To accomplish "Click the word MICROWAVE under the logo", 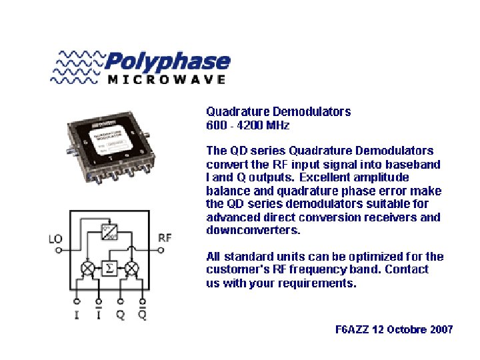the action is (166, 79).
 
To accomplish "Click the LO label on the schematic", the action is (57, 238).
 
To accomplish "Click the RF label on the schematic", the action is (165, 237).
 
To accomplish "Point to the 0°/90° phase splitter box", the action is (110, 231).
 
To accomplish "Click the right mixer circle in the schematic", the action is (132, 268).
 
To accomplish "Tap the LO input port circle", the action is (58, 250).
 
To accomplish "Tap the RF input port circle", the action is (160, 250).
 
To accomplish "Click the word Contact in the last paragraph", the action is (407, 269).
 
